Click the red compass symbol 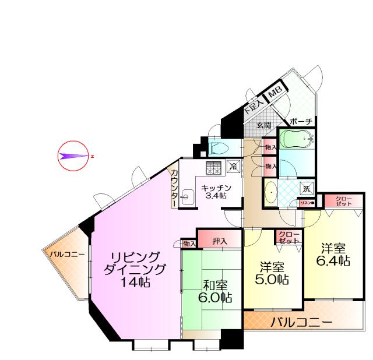pos(73,156)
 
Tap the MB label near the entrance pos(275,92)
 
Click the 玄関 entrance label pos(263,125)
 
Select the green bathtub pos(296,139)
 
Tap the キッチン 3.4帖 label pos(216,192)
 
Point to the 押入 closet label pos(220,240)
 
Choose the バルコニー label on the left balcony pos(66,254)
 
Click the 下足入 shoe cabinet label pos(253,104)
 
